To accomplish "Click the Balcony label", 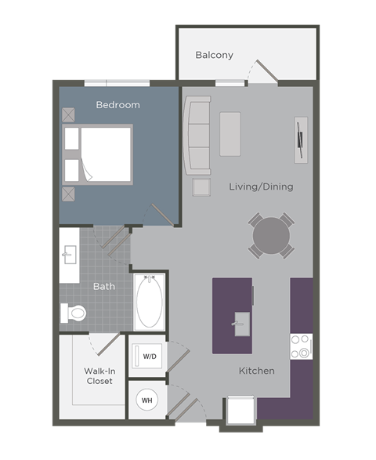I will point(214,55).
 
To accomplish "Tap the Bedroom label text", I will point(117,105).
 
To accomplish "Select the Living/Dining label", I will point(261,187).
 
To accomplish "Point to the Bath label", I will point(104,286).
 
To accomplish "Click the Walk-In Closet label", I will point(99,375).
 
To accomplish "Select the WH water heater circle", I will point(146,400).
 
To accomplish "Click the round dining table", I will point(271,234).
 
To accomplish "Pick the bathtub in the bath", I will point(148,301).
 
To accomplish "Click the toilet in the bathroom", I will point(74,313).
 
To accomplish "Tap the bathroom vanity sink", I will point(68,254).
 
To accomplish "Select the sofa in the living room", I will point(197,135).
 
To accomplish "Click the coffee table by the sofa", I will point(230,134).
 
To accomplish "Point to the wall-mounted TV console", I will point(301,139).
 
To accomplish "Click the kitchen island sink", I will point(240,321).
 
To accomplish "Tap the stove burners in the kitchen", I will point(301,346).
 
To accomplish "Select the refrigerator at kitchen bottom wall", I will point(240,412).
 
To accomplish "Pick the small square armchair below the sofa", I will point(201,187).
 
